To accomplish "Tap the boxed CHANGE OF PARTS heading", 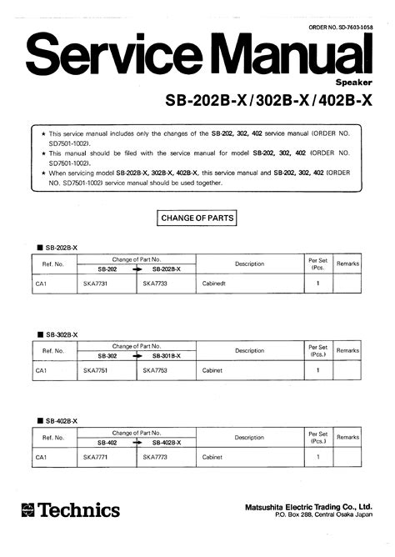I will tap(197, 219).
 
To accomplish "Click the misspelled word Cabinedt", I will tap(217, 284).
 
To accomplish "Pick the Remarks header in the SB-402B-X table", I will tap(347, 438).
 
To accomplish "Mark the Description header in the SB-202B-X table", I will tap(249, 263).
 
